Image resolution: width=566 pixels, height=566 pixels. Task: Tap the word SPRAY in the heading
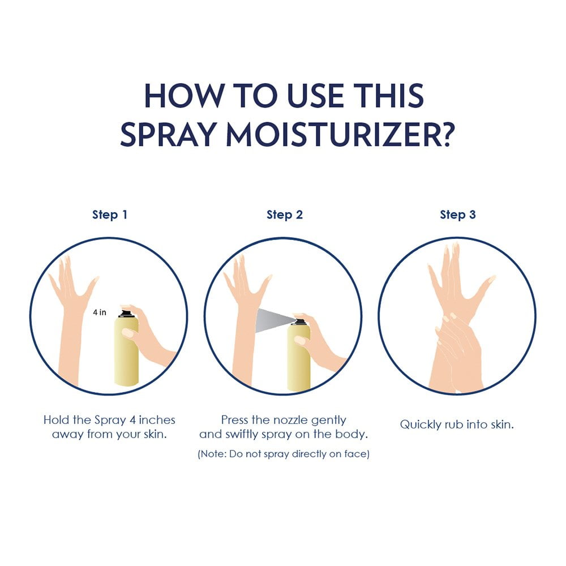(x=169, y=135)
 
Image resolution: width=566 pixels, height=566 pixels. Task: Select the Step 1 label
(x=110, y=215)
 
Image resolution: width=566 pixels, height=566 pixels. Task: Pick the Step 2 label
(x=285, y=215)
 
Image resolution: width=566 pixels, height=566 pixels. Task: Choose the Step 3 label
(x=458, y=215)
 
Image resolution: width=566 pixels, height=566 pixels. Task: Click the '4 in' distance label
(x=100, y=312)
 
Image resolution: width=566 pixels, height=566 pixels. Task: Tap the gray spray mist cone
(x=273, y=320)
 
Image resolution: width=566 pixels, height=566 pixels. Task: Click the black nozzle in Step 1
(x=126, y=313)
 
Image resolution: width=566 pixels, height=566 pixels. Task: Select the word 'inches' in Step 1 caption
(x=157, y=420)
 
